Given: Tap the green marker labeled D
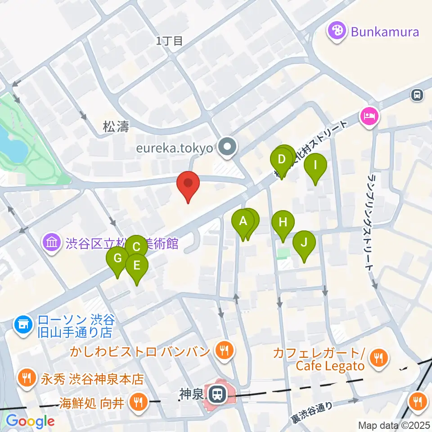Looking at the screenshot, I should tap(282, 160).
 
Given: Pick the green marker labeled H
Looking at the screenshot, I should tap(283, 223).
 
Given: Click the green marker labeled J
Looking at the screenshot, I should tap(304, 243).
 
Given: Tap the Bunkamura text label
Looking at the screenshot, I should tap(385, 32).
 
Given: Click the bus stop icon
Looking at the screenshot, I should tap(417, 94).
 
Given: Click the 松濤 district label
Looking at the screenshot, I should tap(116, 127).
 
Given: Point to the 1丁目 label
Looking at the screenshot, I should tap(170, 41).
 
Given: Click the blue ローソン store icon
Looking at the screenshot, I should tap(22, 324).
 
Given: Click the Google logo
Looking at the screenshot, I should tap(30, 421).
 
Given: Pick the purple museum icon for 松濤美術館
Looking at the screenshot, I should tap(52, 243).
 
